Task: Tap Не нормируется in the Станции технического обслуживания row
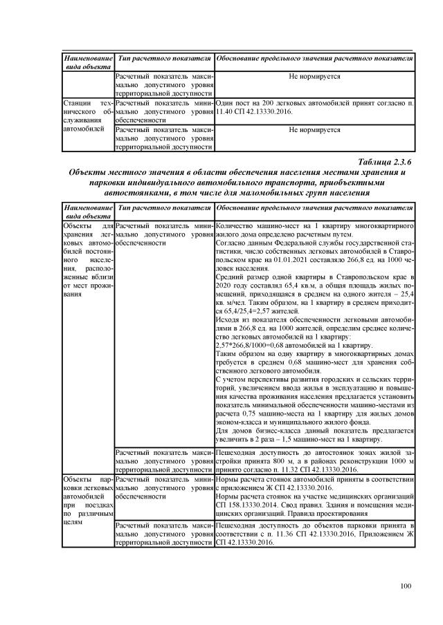(x=314, y=129)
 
